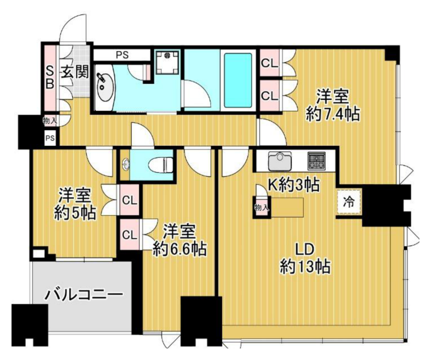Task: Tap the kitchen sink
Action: click(x=280, y=161)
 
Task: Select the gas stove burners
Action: click(x=317, y=160)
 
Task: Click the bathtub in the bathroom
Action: click(x=238, y=80)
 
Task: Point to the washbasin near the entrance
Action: click(x=104, y=87)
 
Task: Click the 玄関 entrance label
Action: click(x=75, y=72)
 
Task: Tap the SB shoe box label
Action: click(x=50, y=78)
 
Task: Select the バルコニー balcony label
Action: click(x=84, y=295)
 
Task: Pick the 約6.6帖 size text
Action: click(x=179, y=249)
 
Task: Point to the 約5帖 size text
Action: click(x=75, y=212)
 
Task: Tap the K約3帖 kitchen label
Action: click(x=293, y=185)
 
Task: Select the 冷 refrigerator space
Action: click(x=349, y=202)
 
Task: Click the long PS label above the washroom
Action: click(x=122, y=55)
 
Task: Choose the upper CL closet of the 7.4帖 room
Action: click(x=269, y=63)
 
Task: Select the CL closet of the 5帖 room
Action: click(x=130, y=200)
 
